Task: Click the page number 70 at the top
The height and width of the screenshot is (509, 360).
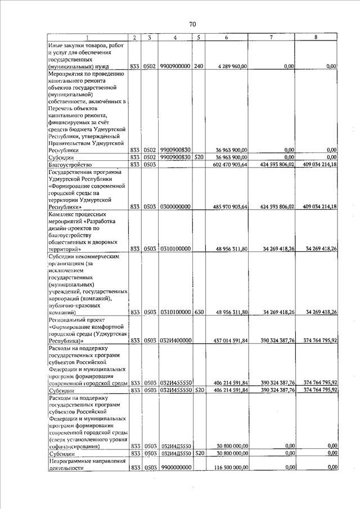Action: (192, 24)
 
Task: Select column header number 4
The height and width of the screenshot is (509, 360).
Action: (175, 38)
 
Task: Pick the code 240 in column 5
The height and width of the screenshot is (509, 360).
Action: (198, 66)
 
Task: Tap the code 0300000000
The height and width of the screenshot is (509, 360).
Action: (175, 207)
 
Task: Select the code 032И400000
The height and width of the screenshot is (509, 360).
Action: (175, 340)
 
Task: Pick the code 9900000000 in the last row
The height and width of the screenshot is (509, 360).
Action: (175, 467)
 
